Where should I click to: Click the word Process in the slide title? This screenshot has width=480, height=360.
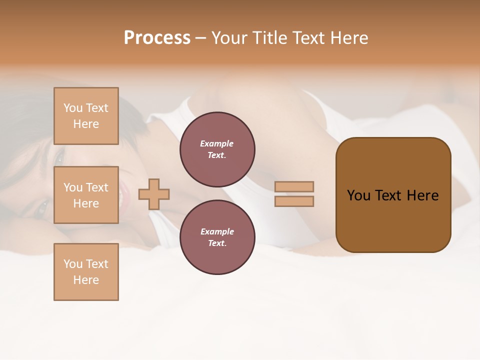click(157, 38)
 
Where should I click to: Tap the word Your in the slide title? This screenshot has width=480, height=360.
click(230, 38)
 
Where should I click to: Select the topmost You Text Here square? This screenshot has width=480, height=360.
click(86, 116)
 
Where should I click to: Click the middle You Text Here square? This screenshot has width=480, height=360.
click(86, 195)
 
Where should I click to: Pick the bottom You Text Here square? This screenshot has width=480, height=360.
click(86, 272)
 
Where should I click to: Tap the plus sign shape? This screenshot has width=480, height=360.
click(154, 194)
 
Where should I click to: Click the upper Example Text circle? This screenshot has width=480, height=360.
click(217, 149)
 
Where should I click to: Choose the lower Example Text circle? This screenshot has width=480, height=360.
click(217, 237)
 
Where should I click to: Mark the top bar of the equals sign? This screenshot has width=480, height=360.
click(294, 186)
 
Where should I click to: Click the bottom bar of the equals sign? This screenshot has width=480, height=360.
click(294, 201)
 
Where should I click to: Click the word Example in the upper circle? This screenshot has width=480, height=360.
click(217, 143)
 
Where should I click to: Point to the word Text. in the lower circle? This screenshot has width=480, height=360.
click(217, 243)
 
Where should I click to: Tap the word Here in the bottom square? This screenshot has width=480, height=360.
click(86, 280)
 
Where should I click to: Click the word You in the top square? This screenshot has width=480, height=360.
click(73, 108)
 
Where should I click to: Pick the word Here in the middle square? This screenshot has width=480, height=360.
click(86, 203)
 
